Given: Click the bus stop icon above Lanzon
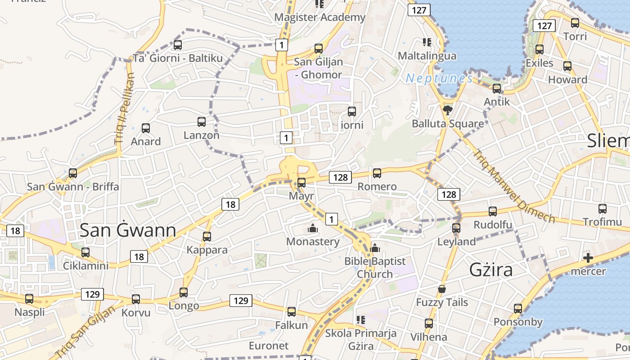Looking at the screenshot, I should pos(202,121).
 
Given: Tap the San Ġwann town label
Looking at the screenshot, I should pos(128,230).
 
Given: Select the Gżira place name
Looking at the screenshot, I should pos(491,270).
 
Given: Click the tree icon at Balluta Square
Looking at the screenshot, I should pos(447,110).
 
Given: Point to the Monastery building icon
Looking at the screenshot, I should pos(313,229).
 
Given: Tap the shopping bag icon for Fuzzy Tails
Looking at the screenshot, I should pos(442,289).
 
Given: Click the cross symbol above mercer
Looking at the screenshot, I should pos(588,258).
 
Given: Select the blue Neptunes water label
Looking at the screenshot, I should pos(439,78).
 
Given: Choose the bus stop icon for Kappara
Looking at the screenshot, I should pos(207,237).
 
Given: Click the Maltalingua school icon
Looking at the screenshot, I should pos(427,43).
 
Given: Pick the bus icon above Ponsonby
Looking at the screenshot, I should pos(518,309).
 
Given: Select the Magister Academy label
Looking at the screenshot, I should pos(320,18).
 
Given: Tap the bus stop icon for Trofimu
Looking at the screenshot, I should pos(603,209).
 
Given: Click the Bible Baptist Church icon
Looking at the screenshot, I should pos(375,248).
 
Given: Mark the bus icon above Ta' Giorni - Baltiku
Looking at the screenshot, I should pos(178,45).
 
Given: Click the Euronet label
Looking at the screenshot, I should pos(269,346).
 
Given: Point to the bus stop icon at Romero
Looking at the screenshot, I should pos(377,173).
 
